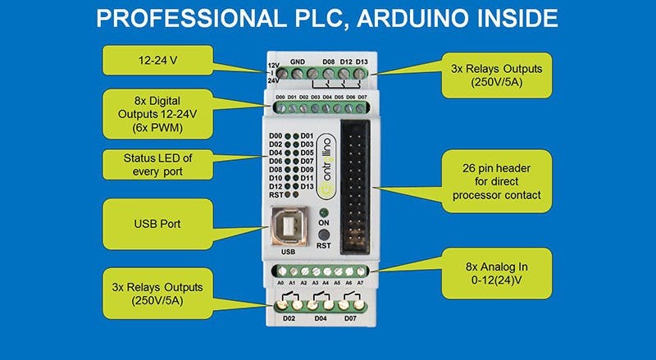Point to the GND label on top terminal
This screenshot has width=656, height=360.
298,61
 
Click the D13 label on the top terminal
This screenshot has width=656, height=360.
361,61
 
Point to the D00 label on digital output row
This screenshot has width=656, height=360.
280,96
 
